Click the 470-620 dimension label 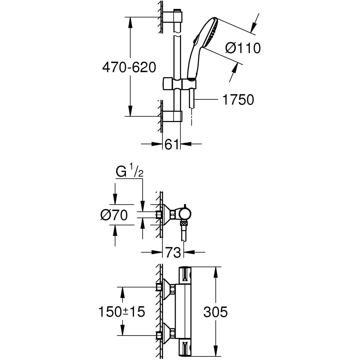[129, 67]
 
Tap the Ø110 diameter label [243, 48]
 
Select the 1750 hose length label [238, 100]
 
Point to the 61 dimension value [172, 144]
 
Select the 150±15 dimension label [121, 312]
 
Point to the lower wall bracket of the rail [172, 116]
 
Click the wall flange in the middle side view [166, 215]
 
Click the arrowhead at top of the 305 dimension [216, 271]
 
